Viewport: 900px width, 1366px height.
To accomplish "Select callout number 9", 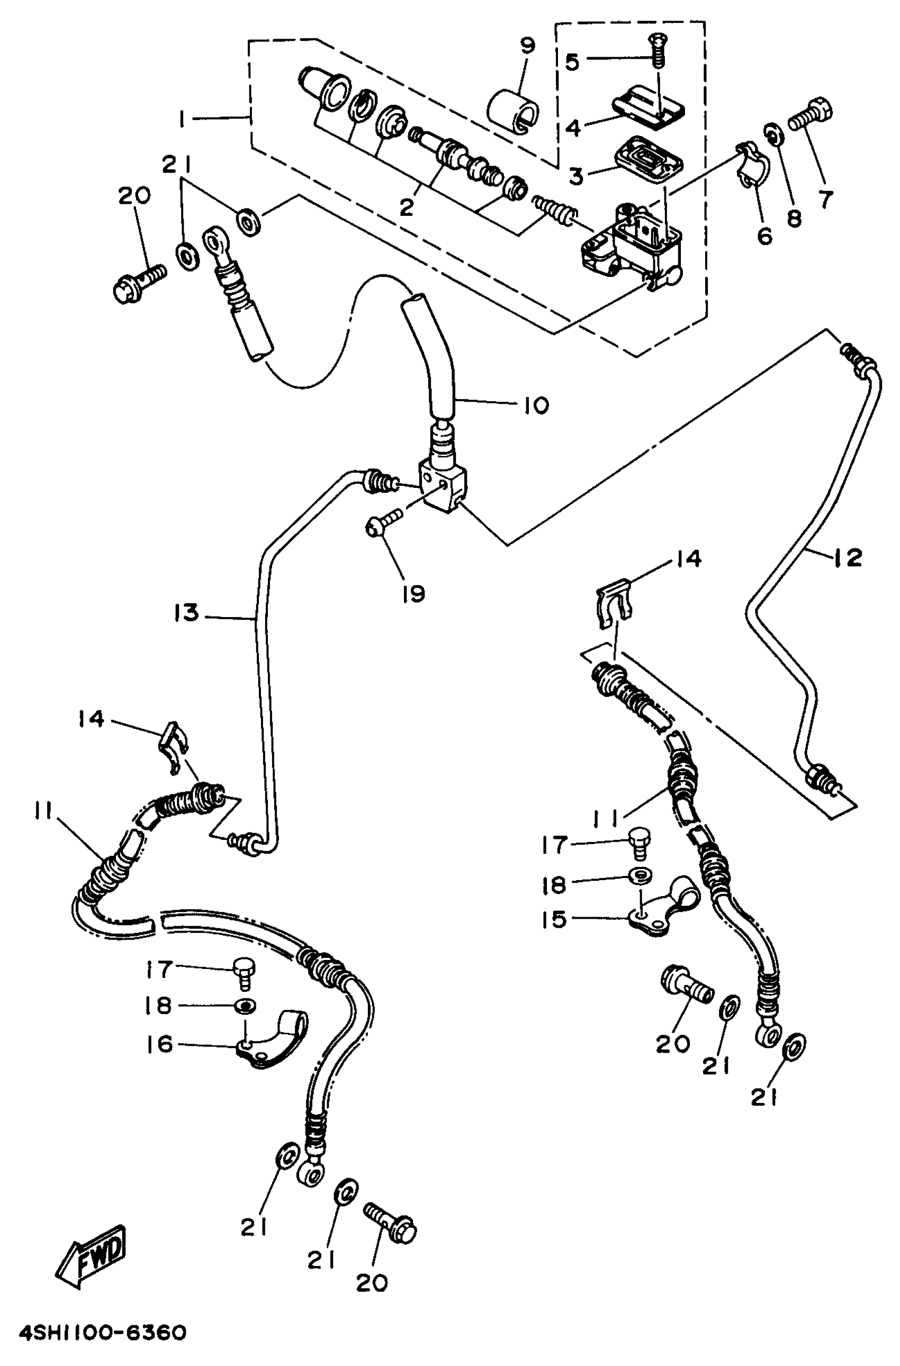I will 527,46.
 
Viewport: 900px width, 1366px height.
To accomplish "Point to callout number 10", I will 536,406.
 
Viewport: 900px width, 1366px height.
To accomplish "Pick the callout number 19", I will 413,593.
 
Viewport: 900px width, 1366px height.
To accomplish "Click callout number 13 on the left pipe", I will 187,612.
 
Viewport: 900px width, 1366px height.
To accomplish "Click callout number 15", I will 554,919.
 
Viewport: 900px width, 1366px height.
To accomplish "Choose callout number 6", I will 765,236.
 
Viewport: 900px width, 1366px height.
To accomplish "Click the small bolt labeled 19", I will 383,523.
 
